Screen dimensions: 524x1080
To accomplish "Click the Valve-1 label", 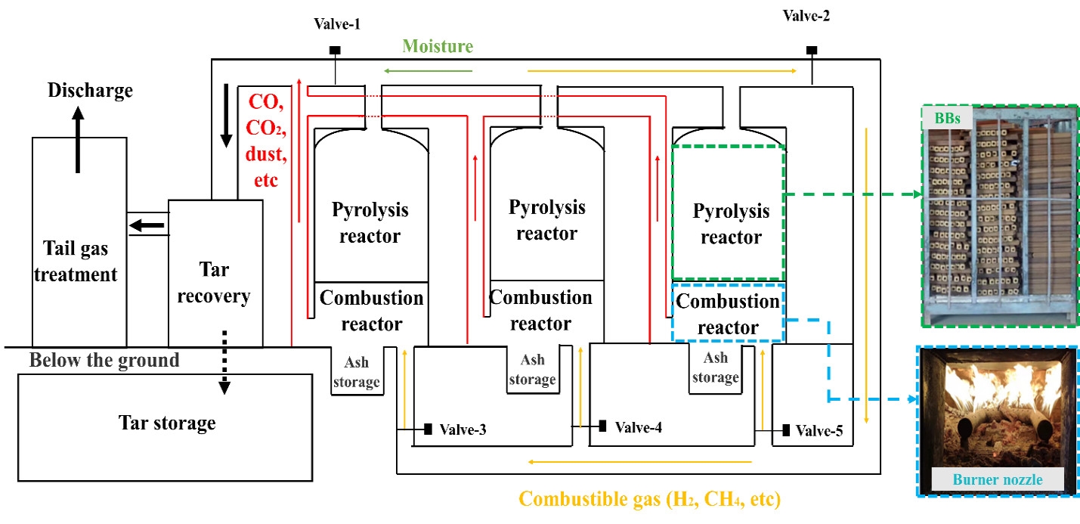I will (336, 24).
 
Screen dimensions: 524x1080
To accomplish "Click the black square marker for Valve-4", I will (602, 426).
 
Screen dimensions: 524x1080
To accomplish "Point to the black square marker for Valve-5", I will (787, 430).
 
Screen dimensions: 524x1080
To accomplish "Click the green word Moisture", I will (438, 46).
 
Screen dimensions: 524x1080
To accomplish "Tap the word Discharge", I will (90, 91).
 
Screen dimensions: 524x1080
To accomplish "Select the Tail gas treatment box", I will (79, 242).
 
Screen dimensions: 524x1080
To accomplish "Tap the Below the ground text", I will (104, 360).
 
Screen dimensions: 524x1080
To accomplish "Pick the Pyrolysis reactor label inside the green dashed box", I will (730, 224).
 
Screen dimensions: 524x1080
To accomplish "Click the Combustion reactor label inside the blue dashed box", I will (728, 315).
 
